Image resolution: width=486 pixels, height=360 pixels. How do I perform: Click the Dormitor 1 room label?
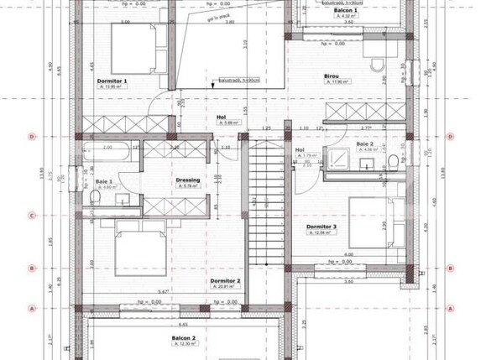(113, 81)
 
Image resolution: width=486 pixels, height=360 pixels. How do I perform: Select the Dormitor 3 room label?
(322, 227)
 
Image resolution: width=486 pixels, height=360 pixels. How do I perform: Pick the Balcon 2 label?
(184, 338)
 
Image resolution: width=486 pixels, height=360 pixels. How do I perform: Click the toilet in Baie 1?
(97, 196)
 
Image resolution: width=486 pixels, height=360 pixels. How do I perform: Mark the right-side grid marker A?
(454, 308)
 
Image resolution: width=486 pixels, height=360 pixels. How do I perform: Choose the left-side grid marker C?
(31, 215)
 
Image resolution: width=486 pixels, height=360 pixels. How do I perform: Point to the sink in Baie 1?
(123, 199)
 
